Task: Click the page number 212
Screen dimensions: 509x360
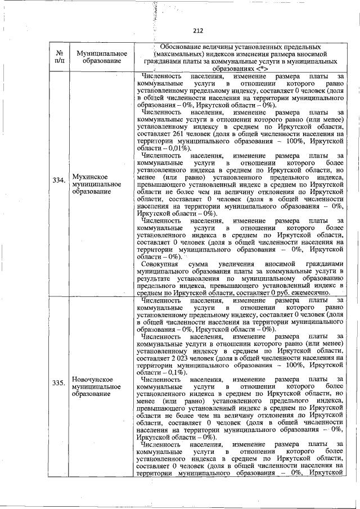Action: click(x=197, y=31)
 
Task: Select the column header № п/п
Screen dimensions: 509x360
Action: click(x=58, y=57)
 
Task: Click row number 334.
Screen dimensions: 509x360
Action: click(x=58, y=180)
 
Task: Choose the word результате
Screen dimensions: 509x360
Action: click(x=155, y=278)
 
